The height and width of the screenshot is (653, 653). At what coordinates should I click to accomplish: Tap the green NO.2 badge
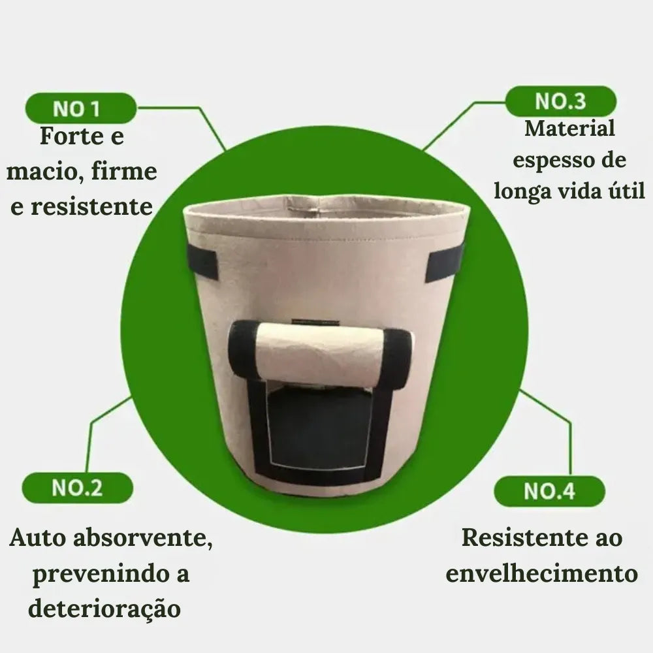coord(77,488)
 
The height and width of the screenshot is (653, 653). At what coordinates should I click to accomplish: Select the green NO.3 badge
coord(560,101)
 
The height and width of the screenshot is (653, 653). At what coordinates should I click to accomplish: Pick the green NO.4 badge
coord(549,491)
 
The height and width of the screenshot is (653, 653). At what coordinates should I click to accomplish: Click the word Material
coord(569,128)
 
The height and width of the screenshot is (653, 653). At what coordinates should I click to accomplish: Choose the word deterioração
coord(104,609)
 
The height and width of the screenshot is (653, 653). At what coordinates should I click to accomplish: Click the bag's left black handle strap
coord(202,261)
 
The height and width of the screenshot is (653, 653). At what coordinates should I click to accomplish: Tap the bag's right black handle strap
coord(444,262)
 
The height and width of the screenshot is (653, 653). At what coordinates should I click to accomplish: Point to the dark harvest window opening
coord(320,428)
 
